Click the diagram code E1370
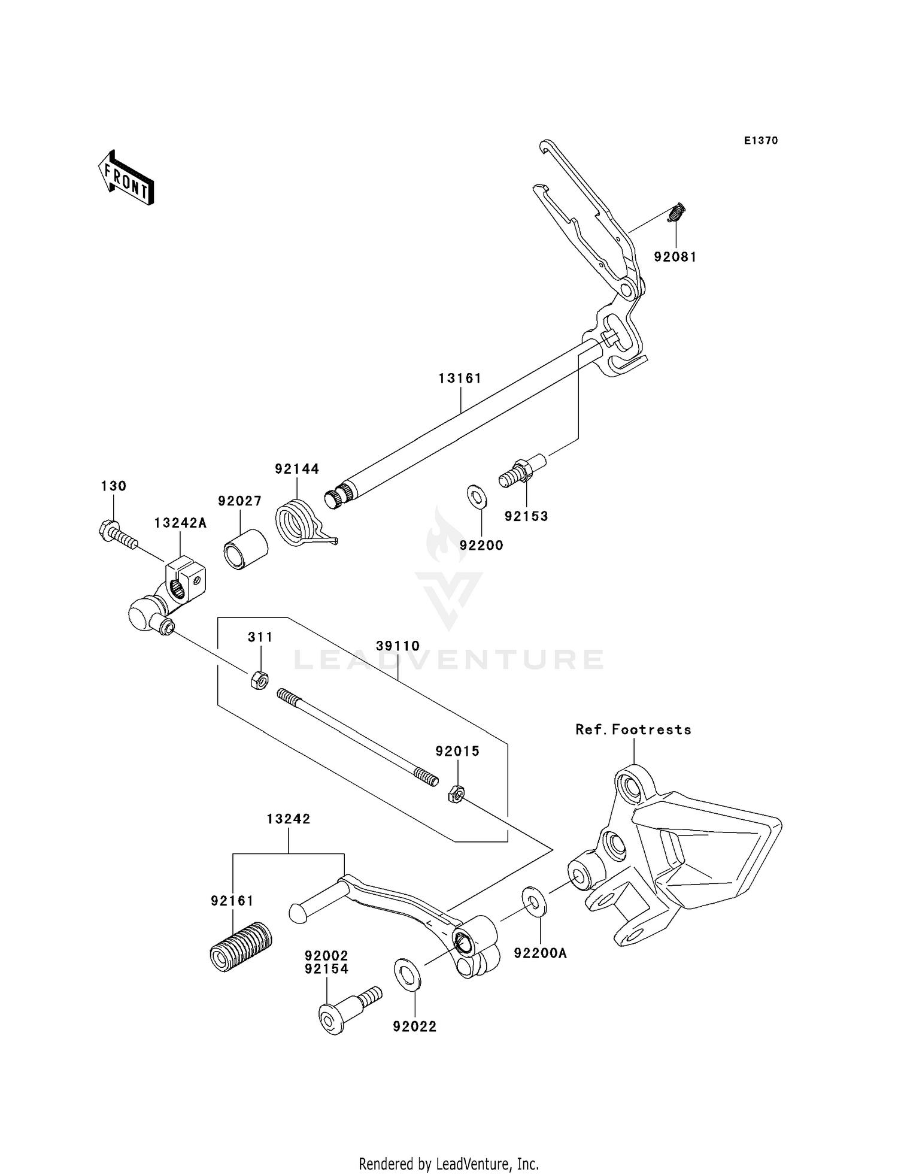[760, 141]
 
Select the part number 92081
[675, 257]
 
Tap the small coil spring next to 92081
[676, 213]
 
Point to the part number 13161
[460, 378]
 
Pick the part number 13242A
[180, 523]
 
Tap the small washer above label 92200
[477, 497]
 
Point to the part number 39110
[398, 646]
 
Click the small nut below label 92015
[456, 795]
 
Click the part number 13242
[289, 819]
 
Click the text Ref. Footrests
[633, 729]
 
